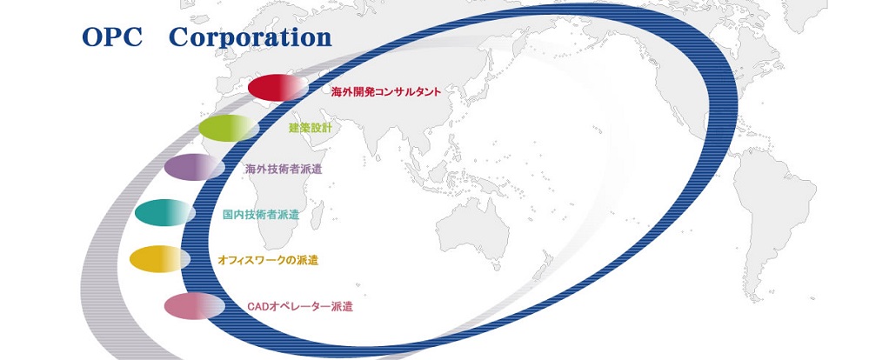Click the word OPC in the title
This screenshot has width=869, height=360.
point(111,37)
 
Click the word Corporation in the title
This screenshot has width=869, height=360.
point(251,37)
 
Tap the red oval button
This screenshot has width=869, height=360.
point(277,88)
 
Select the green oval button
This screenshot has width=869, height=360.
point(228,129)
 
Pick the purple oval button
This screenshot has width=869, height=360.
point(194,167)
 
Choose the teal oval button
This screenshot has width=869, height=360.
point(164,213)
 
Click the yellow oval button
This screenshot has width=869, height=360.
point(159,259)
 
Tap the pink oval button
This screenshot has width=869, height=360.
point(194,306)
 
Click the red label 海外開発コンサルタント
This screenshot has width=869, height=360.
point(385,92)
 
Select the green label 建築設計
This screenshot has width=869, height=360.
point(311,129)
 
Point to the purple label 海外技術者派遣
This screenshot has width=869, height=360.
point(284,170)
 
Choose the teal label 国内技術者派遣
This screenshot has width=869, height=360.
point(260,215)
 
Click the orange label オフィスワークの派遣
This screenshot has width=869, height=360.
point(268,260)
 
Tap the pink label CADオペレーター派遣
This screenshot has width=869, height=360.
point(300,307)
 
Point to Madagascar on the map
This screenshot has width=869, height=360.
point(318,215)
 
